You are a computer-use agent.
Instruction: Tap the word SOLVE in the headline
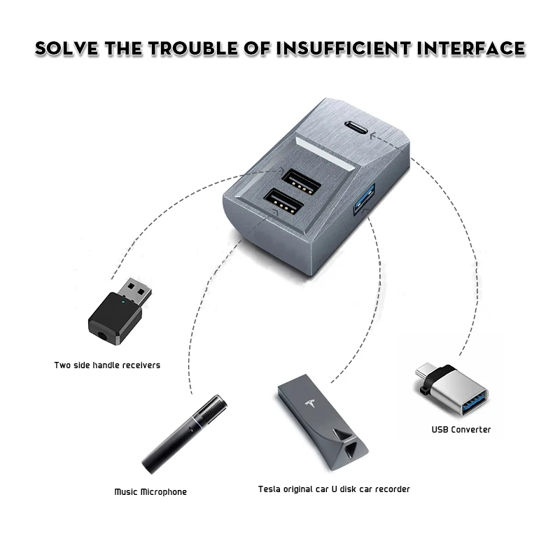pos(67,48)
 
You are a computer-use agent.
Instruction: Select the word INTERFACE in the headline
pos(477,48)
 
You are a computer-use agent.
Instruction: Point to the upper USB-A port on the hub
pos(301,181)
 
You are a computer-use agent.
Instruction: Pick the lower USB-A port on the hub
pos(283,204)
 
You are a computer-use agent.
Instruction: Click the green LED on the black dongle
pos(123,304)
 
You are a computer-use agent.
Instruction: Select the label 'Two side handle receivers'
pos(107,365)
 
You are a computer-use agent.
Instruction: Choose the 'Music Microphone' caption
pos(150,492)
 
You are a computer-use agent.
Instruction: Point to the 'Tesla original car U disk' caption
pos(334,489)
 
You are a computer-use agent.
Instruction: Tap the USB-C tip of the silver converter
pos(423,369)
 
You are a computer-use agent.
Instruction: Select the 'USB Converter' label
pos(461,429)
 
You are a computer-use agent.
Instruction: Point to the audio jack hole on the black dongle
pos(105,334)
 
